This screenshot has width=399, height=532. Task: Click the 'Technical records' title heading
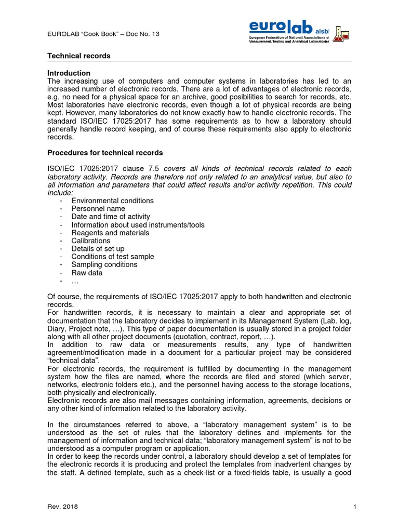79,56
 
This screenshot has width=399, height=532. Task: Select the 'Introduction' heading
69,73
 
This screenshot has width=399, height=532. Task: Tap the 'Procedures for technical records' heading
105,153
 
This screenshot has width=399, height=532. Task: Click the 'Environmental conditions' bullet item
112,201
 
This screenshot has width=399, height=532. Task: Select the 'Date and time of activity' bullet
111,217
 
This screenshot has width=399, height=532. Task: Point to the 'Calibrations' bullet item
91,241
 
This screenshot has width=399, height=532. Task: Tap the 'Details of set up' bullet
98,249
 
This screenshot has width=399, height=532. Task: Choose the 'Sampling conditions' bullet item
104,264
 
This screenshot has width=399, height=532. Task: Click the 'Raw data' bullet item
87,273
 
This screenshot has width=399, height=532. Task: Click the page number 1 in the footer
354,507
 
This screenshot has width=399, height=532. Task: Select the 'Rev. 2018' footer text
62,507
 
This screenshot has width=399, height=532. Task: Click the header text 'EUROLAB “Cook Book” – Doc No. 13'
103,34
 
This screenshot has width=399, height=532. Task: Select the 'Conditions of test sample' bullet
113,257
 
